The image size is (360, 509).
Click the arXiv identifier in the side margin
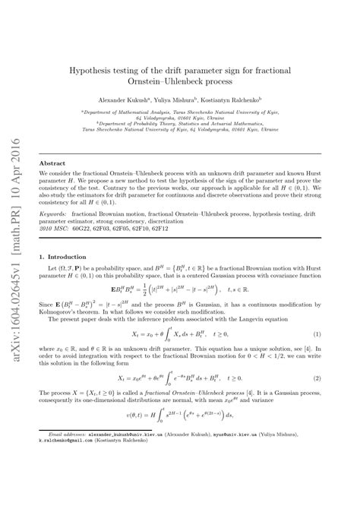[15, 295]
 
